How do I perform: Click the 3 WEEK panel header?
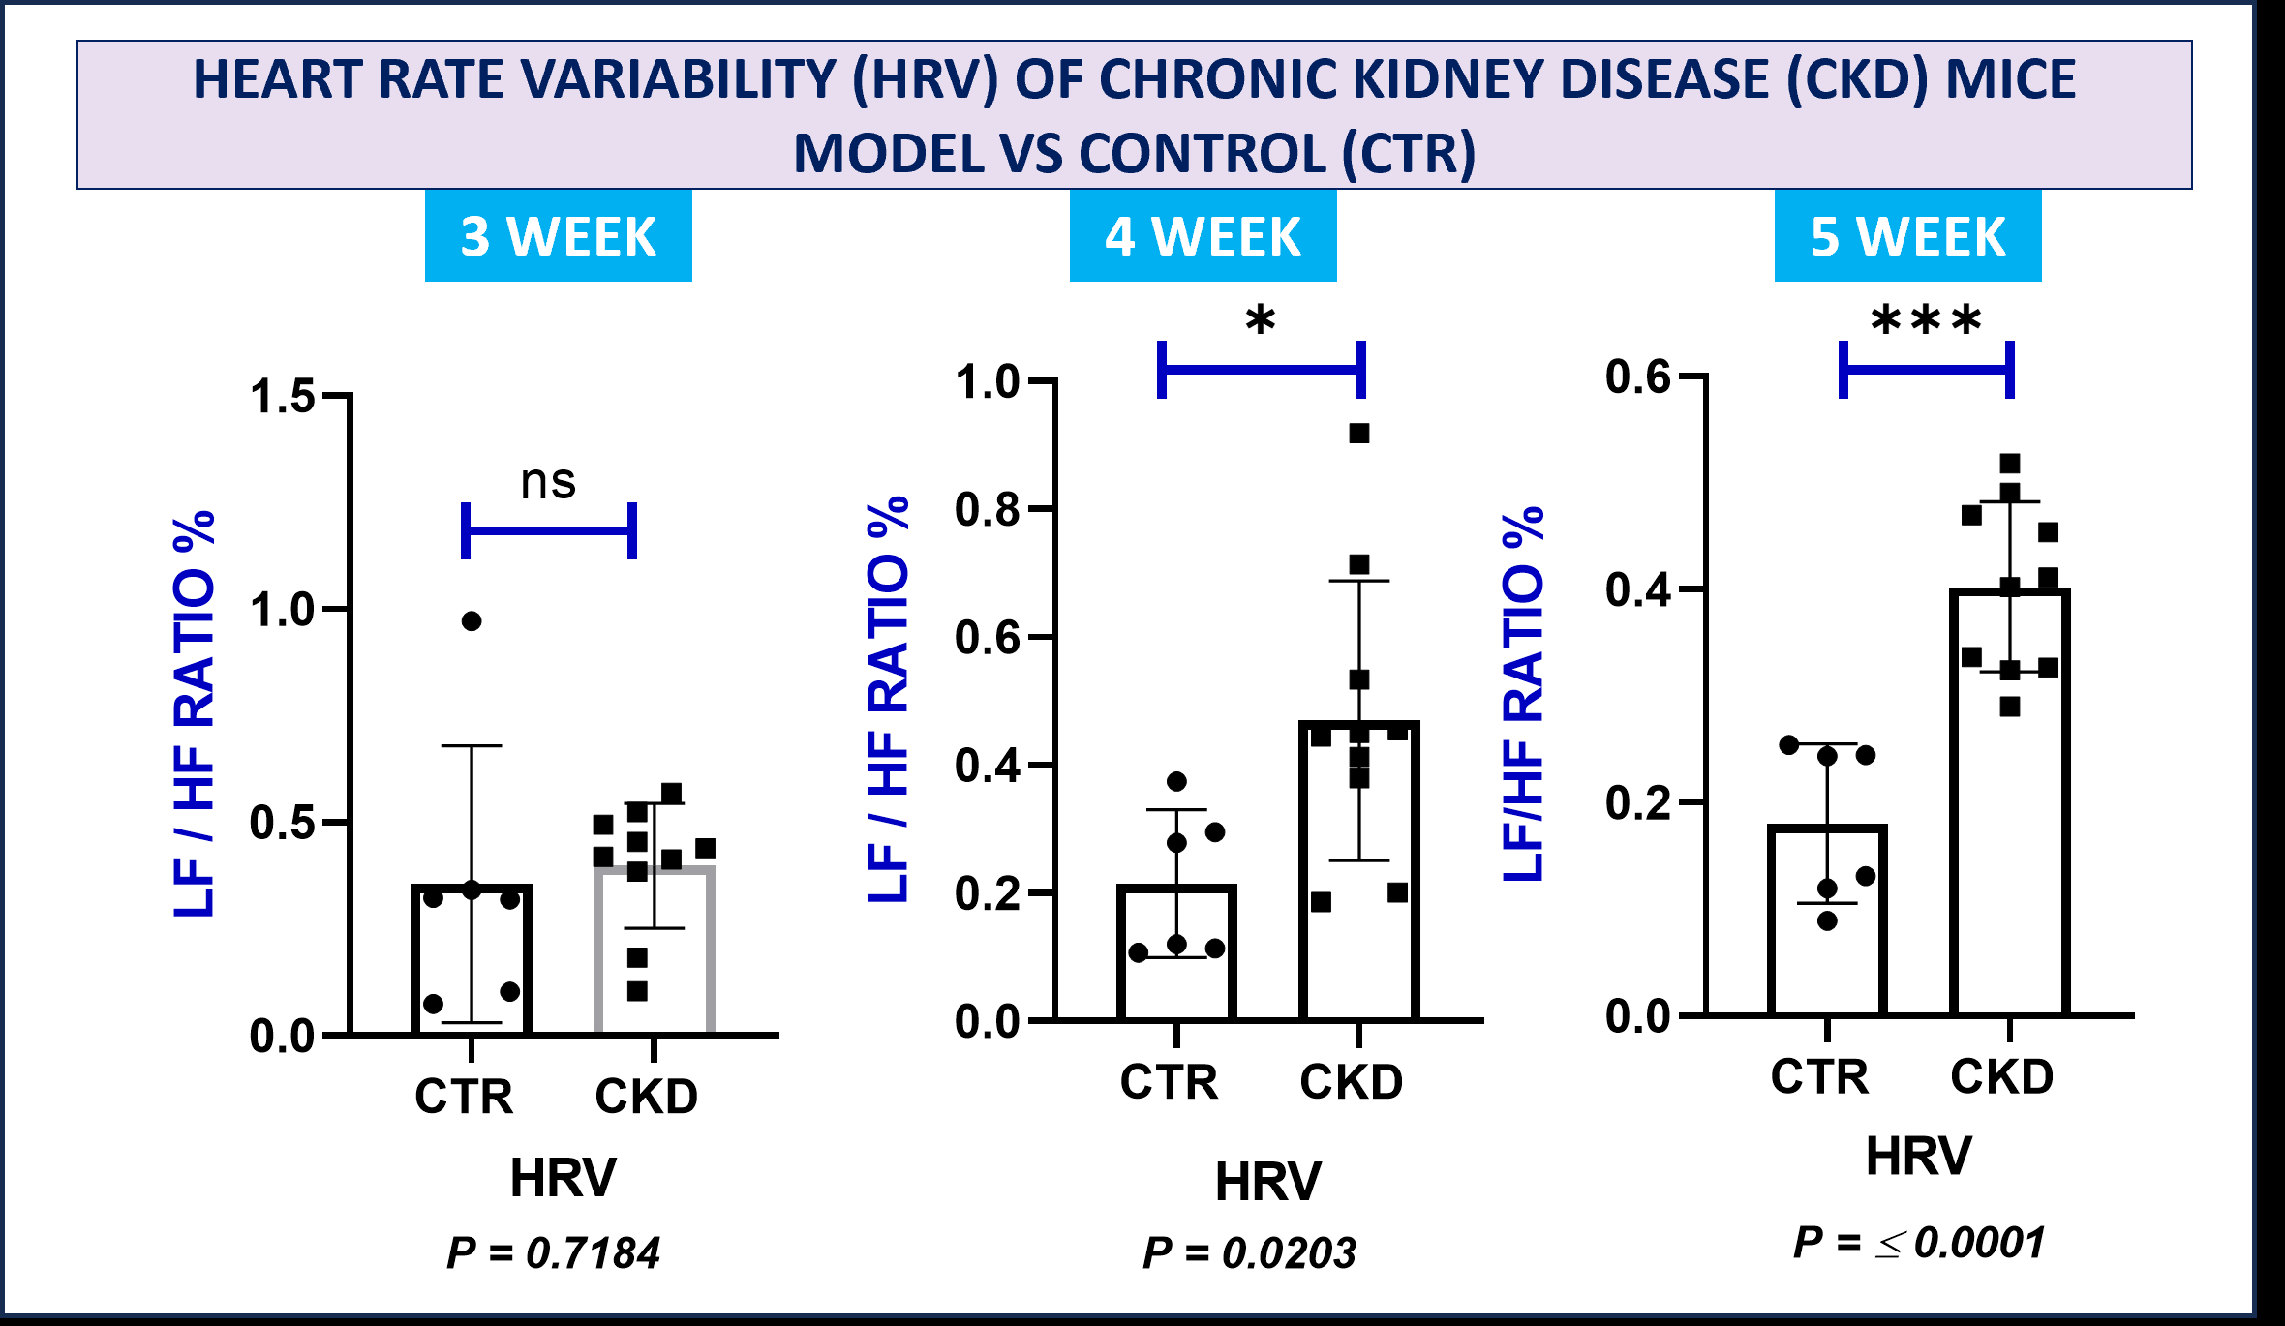coord(558,236)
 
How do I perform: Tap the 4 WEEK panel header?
coord(1203,236)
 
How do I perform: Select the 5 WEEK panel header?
coord(1907,236)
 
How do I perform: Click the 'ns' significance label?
coord(548,481)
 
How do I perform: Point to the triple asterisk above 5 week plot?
coord(1926,320)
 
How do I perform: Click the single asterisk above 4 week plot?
coord(1260,320)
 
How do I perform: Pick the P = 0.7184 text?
coord(553,1252)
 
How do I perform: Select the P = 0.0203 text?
coord(1249,1252)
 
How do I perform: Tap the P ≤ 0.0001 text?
coord(1919,1242)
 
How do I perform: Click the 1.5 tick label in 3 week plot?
coord(282,397)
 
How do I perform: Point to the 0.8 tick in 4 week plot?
coord(987,509)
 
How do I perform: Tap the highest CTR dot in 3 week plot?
coord(472,621)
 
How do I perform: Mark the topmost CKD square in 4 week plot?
coord(1359,434)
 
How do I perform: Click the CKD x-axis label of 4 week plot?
coord(1351,1081)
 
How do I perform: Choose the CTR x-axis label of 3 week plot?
coord(464,1097)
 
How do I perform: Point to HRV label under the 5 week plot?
coord(1918,1155)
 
